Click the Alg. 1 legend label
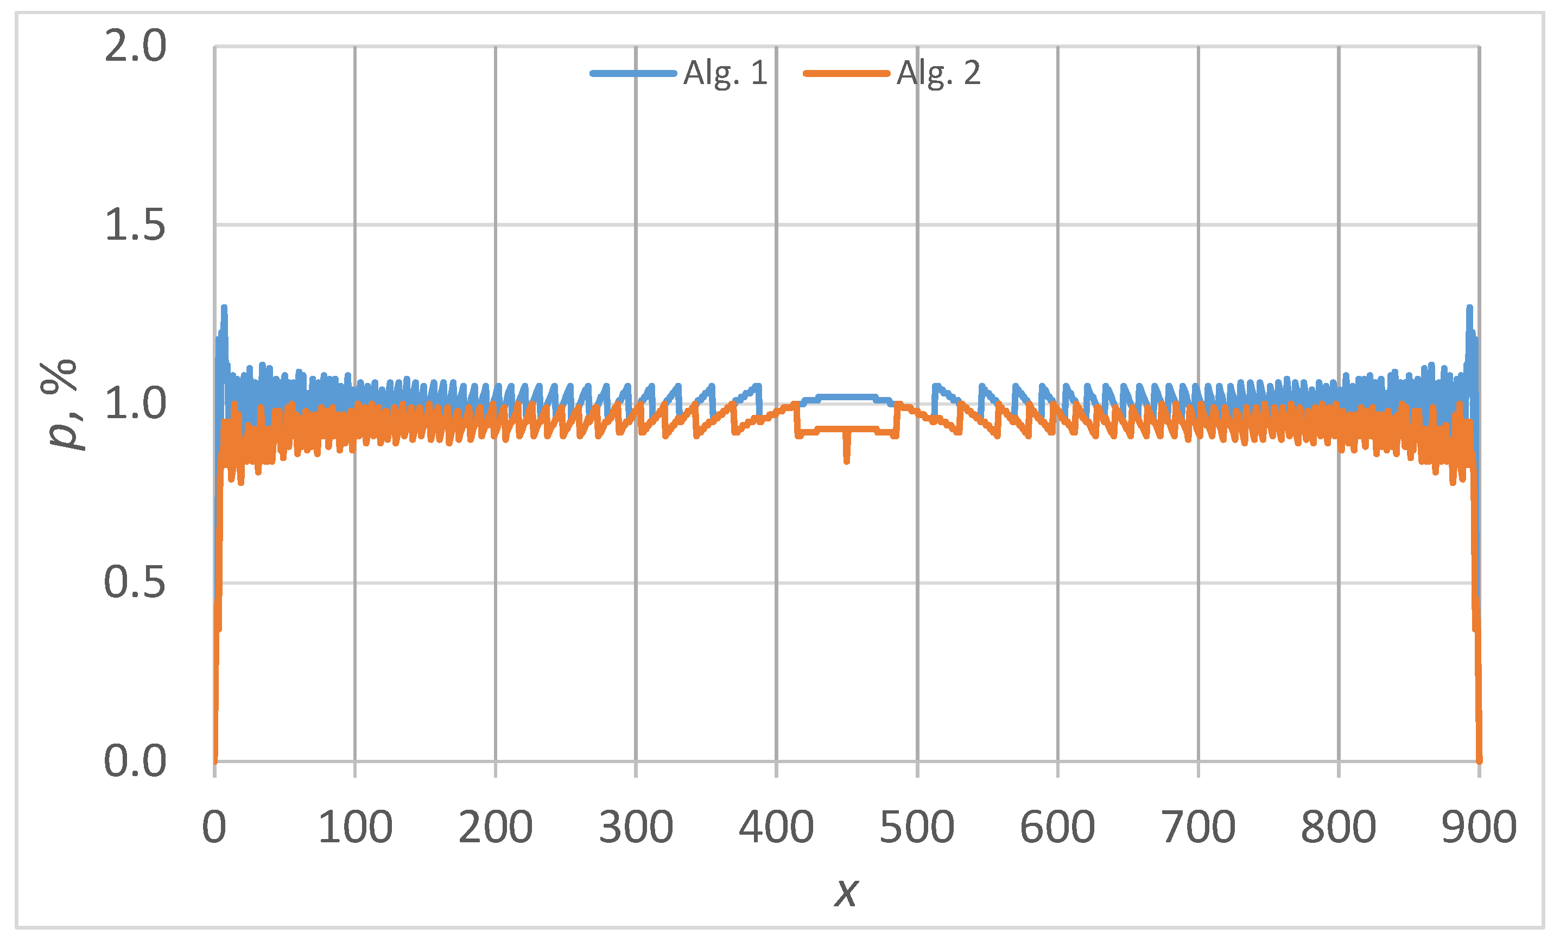[x=726, y=73]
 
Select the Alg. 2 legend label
[x=939, y=73]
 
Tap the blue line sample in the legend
[x=632, y=73]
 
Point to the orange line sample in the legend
[x=846, y=73]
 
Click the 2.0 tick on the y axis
[x=135, y=46]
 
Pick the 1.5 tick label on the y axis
[x=135, y=225]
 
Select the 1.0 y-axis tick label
[x=135, y=404]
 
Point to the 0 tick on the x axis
[x=214, y=827]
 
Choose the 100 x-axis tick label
[x=355, y=827]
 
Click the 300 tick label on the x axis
[x=636, y=827]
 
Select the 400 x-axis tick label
[x=776, y=827]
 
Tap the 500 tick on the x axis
[x=917, y=827]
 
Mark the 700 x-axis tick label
[x=1198, y=827]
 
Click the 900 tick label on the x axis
[x=1479, y=827]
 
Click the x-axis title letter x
[x=846, y=893]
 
